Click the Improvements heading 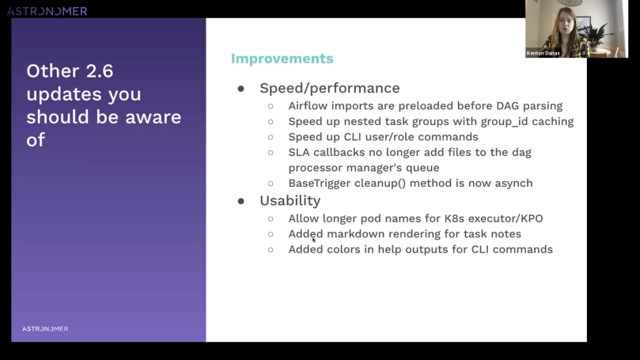pyautogui.click(x=282, y=59)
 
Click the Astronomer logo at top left pyautogui.click(x=47, y=11)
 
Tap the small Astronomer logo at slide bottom pyautogui.click(x=45, y=328)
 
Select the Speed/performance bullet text pyautogui.click(x=329, y=88)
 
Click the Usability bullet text pyautogui.click(x=290, y=201)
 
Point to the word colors pyautogui.click(x=347, y=249)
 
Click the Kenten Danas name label pyautogui.click(x=543, y=53)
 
